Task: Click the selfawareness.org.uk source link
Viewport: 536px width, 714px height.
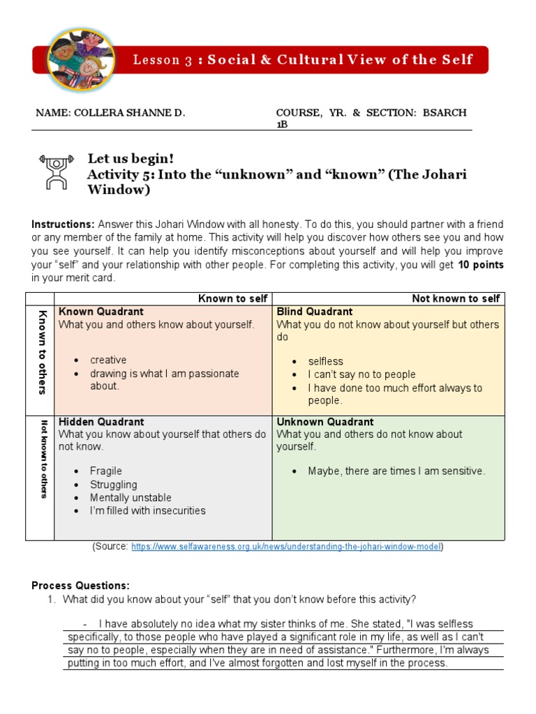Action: click(286, 547)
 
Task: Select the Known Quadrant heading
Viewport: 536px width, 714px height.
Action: click(101, 312)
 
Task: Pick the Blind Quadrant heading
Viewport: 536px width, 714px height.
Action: click(315, 312)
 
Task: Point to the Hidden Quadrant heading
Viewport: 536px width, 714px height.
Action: click(101, 422)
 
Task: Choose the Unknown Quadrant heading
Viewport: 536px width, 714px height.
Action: click(325, 422)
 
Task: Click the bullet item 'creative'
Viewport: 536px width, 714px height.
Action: click(108, 360)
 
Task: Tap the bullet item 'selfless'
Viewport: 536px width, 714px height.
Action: click(326, 361)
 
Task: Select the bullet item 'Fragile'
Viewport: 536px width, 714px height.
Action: click(106, 471)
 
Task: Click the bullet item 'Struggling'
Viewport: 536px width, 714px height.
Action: click(114, 485)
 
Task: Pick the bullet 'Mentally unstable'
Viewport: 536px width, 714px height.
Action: click(131, 498)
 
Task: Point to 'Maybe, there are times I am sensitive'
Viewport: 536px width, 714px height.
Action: click(396, 471)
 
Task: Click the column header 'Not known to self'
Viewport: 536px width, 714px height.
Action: click(456, 298)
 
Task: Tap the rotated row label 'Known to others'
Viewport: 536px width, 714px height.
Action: click(43, 352)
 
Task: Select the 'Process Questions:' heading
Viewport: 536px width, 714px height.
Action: click(81, 586)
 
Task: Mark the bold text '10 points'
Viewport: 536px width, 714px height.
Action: click(480, 265)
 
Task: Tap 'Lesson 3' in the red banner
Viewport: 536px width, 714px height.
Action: click(163, 60)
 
